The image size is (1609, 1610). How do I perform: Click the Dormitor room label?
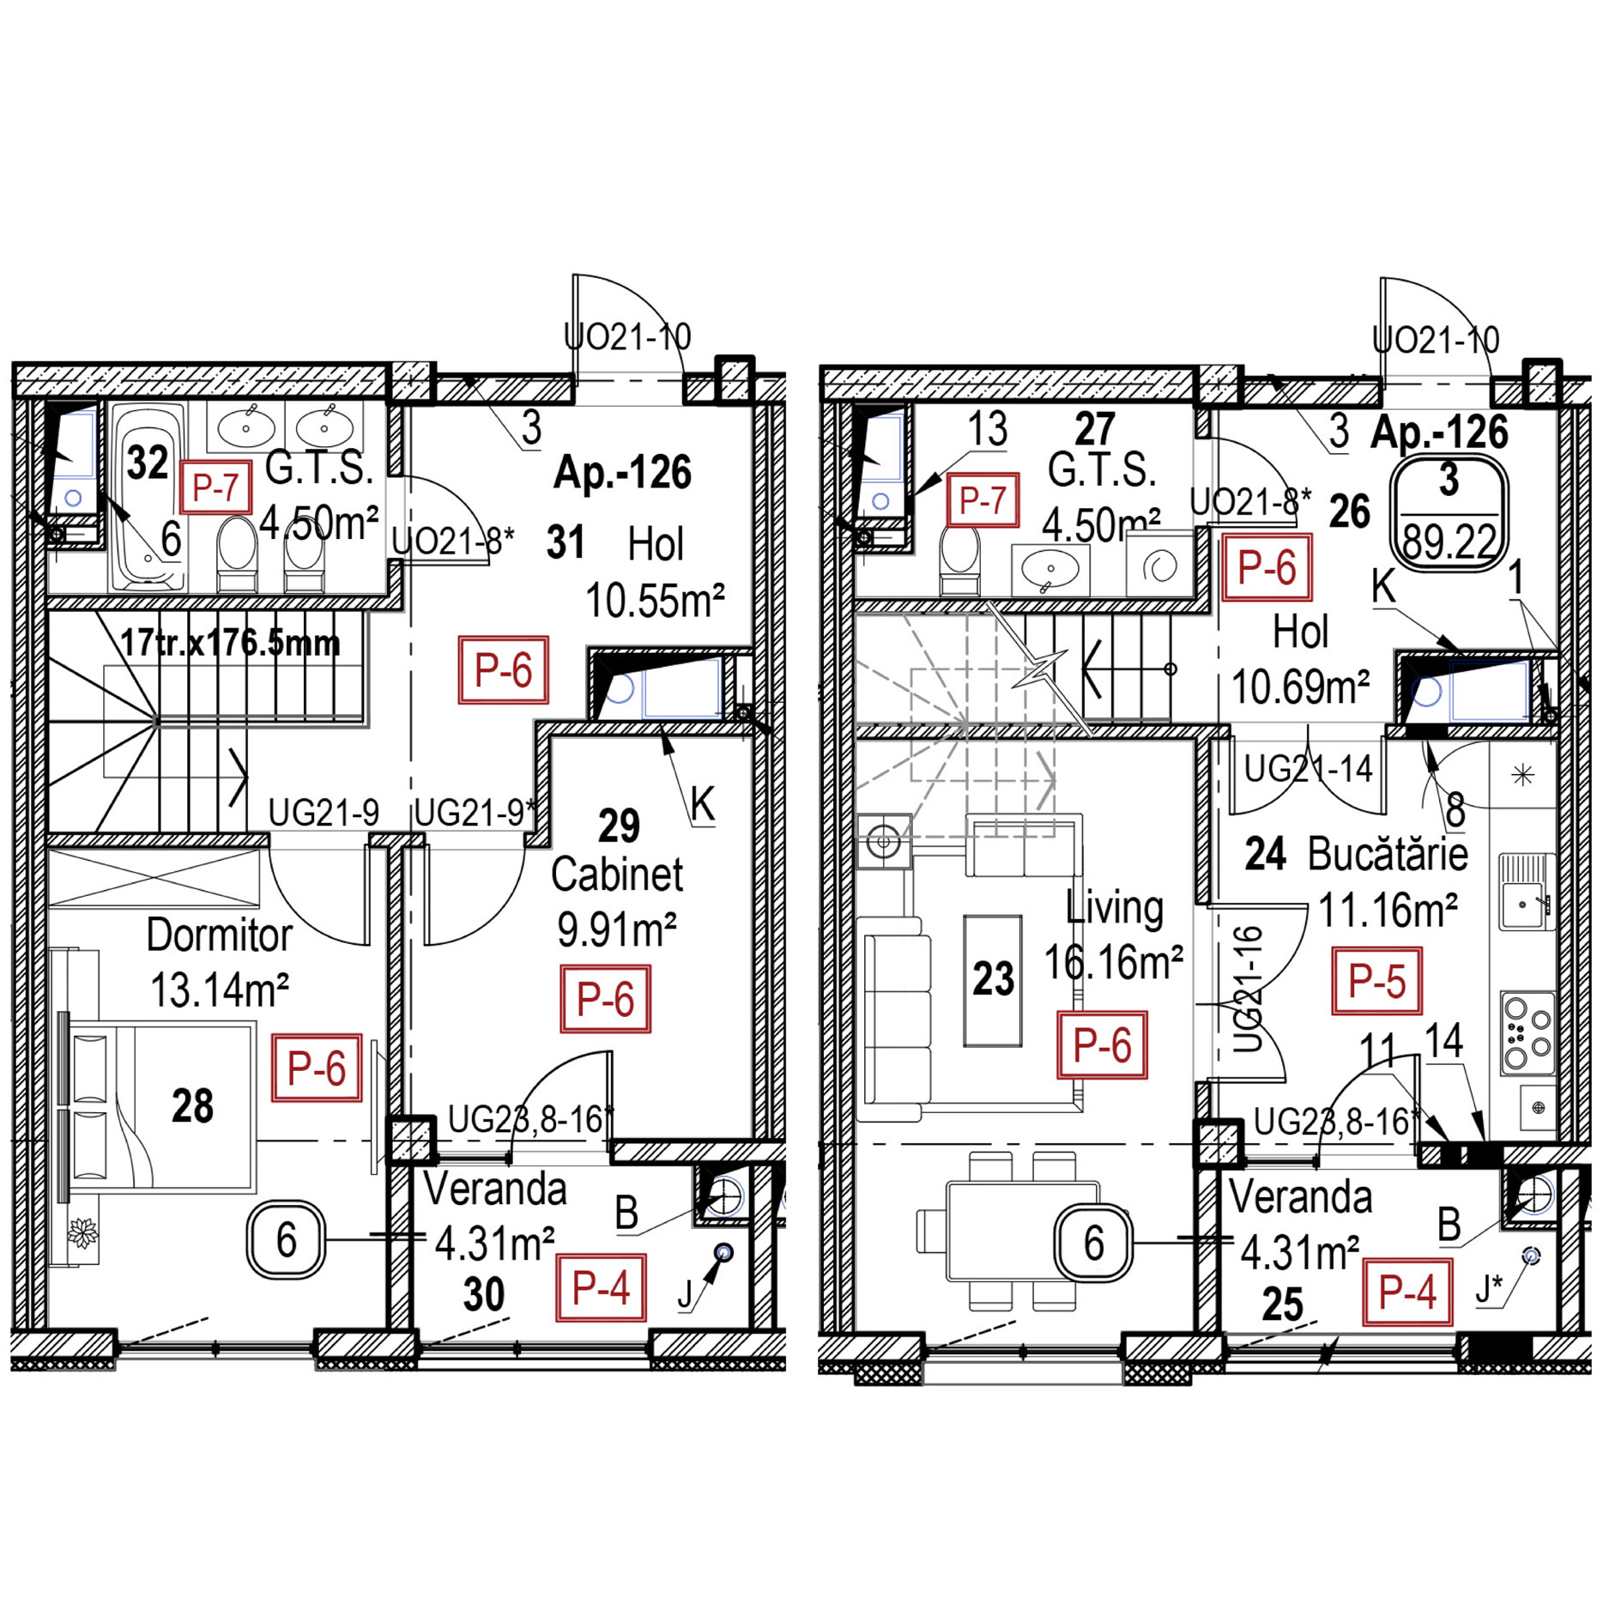pyautogui.click(x=219, y=935)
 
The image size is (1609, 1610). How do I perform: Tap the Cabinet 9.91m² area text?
pyautogui.click(x=616, y=929)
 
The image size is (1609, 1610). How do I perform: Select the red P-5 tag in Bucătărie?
pyautogui.click(x=1376, y=981)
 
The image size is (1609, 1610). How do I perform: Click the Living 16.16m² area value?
pyautogui.click(x=1113, y=963)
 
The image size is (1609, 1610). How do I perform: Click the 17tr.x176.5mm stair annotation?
pyautogui.click(x=229, y=643)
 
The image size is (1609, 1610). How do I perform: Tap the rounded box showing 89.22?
pyautogui.click(x=1449, y=511)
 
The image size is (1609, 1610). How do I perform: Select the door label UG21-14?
pyautogui.click(x=1308, y=769)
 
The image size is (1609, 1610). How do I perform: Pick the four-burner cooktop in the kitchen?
pyautogui.click(x=1527, y=1033)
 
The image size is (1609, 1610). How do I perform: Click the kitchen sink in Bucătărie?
pyautogui.click(x=1526, y=892)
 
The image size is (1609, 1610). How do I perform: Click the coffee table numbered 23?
pyautogui.click(x=993, y=980)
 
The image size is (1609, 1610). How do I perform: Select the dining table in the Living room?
pyautogui.click(x=1021, y=1232)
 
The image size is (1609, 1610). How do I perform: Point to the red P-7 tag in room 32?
pyautogui.click(x=215, y=487)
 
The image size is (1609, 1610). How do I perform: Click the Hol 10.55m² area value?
pyautogui.click(x=655, y=601)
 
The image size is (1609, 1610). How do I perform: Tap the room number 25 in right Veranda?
pyautogui.click(x=1282, y=1305)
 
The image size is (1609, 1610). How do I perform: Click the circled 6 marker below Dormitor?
pyautogui.click(x=286, y=1240)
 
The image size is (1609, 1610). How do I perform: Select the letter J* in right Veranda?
pyautogui.click(x=1489, y=1287)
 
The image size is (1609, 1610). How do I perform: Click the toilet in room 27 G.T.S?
pyautogui.click(x=959, y=560)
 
